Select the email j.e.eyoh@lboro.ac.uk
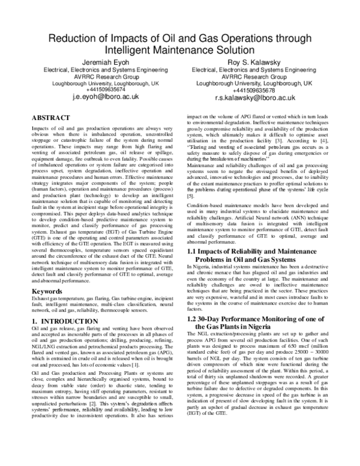point(106,96)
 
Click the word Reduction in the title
point(73,39)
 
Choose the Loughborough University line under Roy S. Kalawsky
point(254,83)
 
